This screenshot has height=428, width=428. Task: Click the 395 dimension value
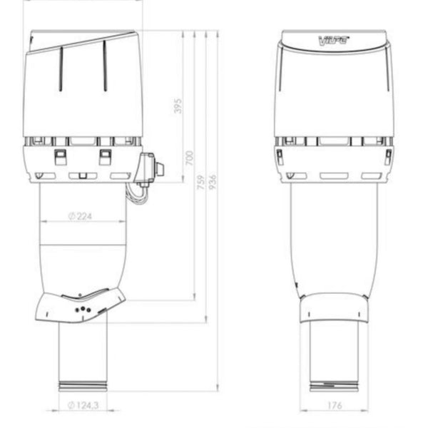(178, 106)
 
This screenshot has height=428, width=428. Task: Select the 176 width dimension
(336, 406)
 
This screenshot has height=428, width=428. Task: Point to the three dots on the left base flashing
(83, 308)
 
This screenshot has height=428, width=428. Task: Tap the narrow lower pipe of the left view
(82, 353)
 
